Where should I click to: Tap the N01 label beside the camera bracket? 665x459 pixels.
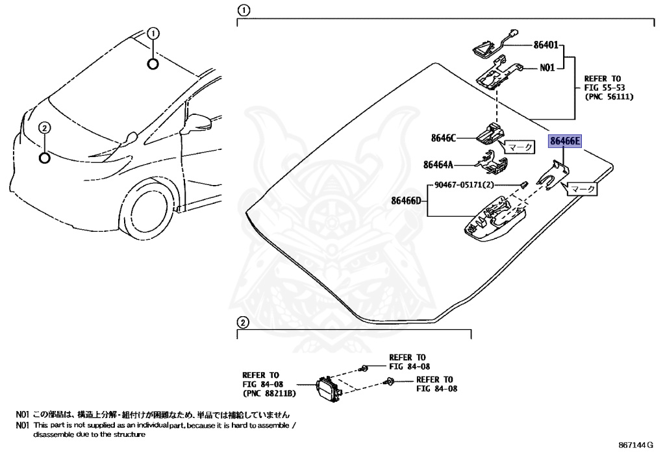pos(547,66)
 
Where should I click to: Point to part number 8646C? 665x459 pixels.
pos(444,138)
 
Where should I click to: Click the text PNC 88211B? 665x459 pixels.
pos(270,393)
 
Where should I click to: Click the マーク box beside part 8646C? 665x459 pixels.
pos(519,148)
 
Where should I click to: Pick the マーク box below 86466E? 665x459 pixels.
pos(582,190)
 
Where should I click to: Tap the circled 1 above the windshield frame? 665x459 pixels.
pos(242,10)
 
